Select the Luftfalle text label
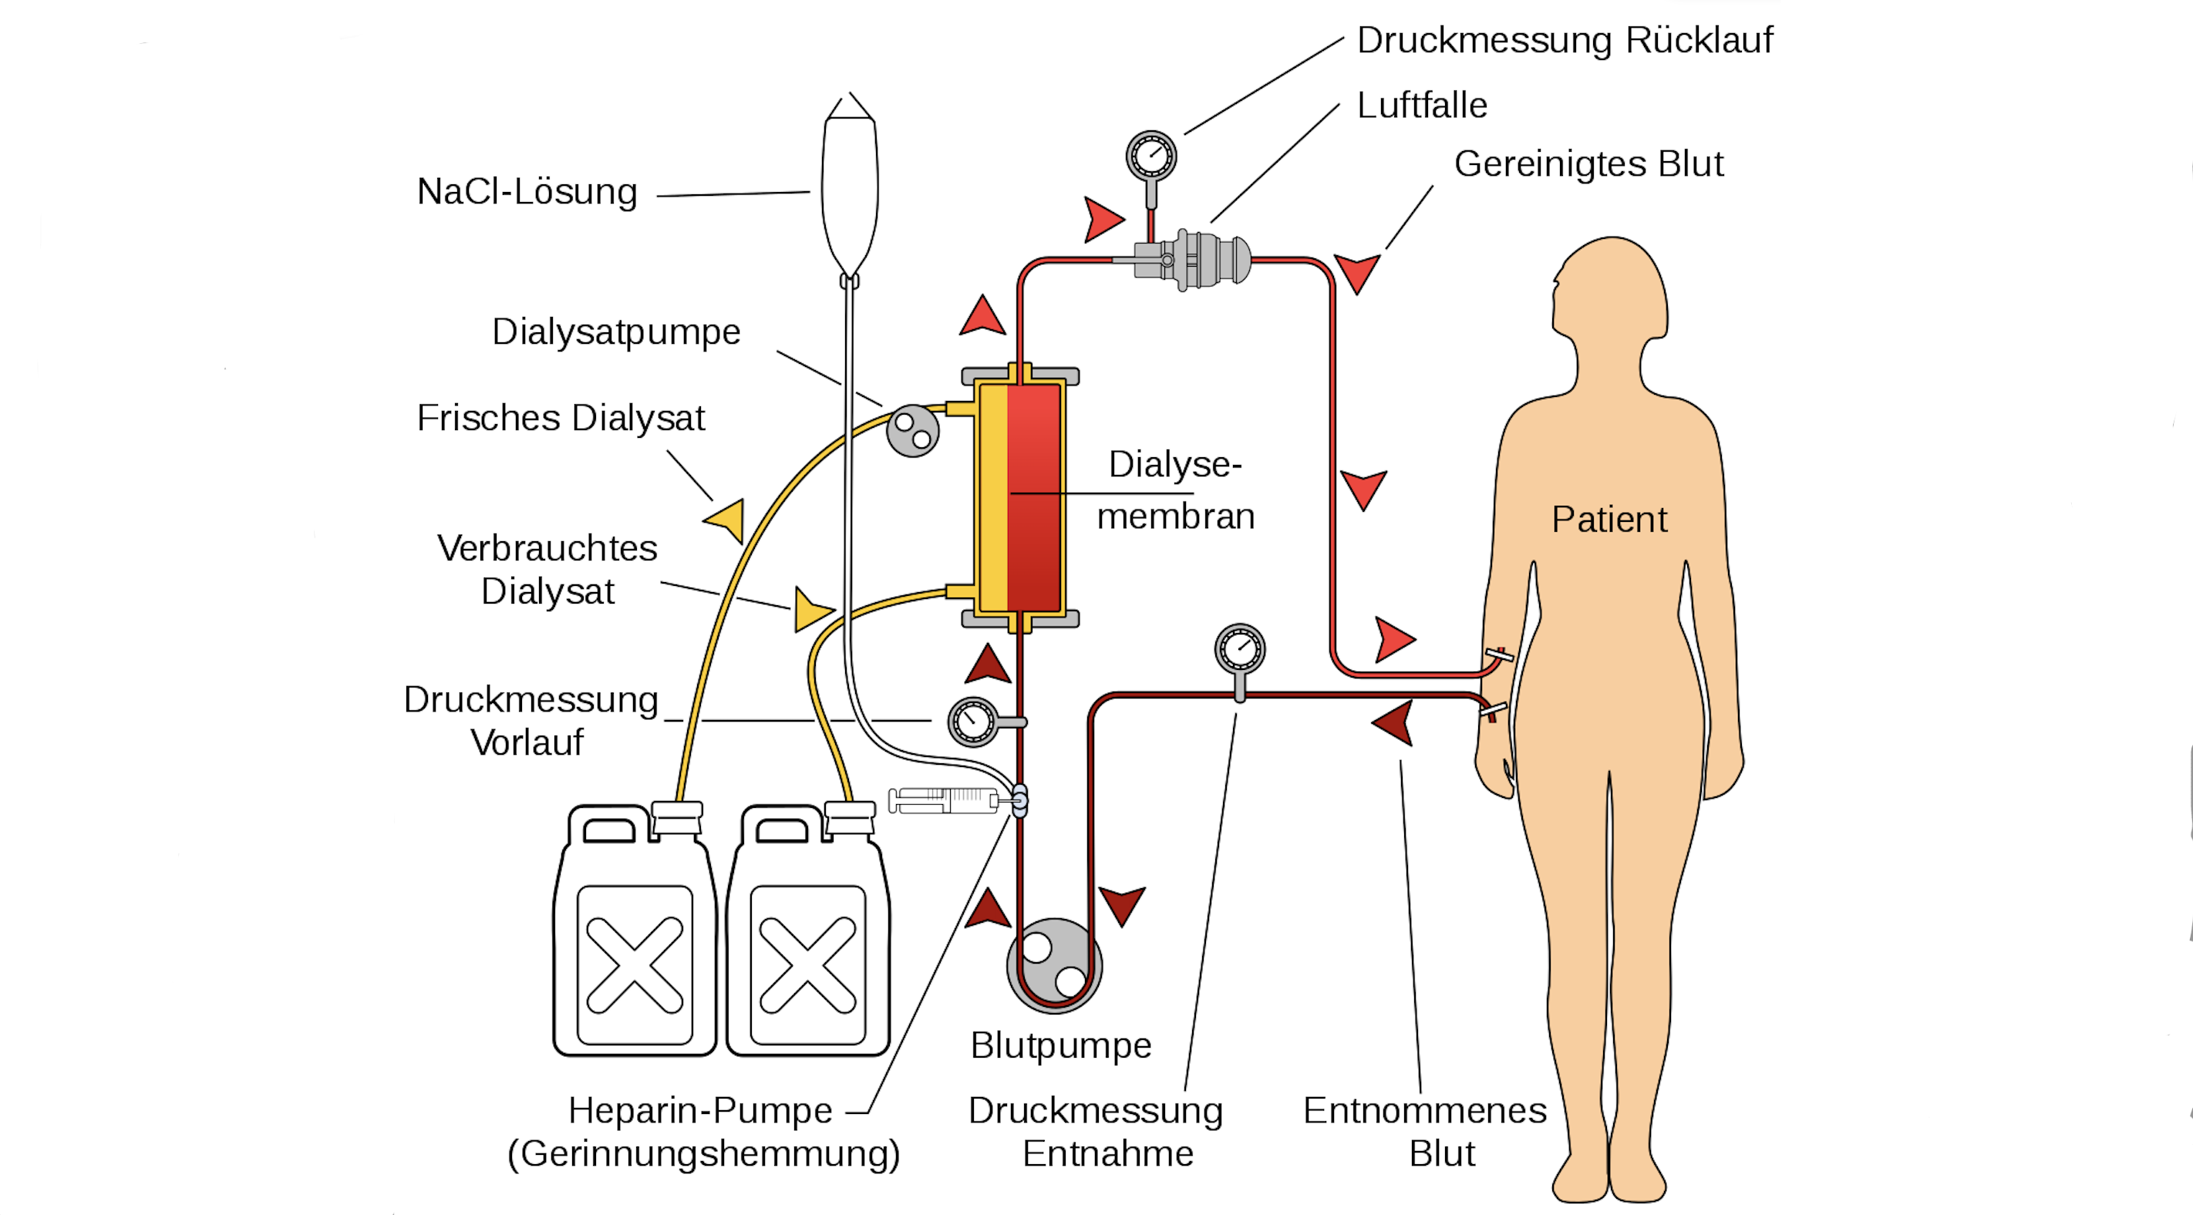pos(1422,106)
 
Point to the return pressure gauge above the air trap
pos(1151,157)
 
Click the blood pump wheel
pos(1054,964)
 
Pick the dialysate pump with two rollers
pos(913,431)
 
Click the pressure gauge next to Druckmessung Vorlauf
pos(973,722)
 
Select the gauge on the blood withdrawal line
pos(1239,650)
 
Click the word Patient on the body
pos(1609,520)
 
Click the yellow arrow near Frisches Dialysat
pos(726,519)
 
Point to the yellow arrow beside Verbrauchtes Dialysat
pos(811,610)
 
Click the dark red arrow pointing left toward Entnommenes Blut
pos(1394,723)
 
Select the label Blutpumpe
pos(1061,1045)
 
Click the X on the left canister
pos(635,964)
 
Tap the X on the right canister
pos(807,964)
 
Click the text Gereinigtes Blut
pos(1588,164)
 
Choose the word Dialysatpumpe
pos(616,332)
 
